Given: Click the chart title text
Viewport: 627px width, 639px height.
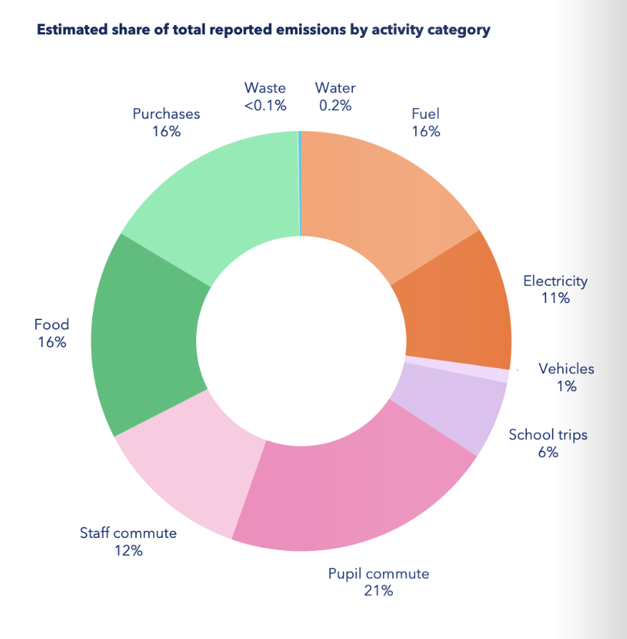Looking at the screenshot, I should (x=263, y=31).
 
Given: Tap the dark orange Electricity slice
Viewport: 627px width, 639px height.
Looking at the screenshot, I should (x=455, y=304).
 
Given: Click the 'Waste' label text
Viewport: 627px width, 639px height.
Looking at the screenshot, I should (x=265, y=88).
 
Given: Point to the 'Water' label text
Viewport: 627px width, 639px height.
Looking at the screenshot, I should (x=335, y=88).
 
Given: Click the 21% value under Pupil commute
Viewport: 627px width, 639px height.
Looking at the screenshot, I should (x=379, y=591).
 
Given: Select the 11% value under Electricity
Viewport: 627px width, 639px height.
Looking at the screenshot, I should (x=555, y=298).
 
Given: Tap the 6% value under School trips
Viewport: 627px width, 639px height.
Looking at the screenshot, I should (x=548, y=452).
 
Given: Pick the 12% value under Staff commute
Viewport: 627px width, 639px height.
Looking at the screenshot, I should (x=128, y=551).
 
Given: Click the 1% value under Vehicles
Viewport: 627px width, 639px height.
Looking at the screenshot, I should (x=566, y=386).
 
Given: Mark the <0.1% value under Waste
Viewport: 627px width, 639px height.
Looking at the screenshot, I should (x=265, y=105).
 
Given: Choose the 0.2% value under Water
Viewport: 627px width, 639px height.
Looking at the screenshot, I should (x=335, y=105).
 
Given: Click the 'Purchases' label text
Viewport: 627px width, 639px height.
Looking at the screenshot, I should (x=166, y=114).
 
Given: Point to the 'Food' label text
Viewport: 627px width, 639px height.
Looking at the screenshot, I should (x=52, y=325).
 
